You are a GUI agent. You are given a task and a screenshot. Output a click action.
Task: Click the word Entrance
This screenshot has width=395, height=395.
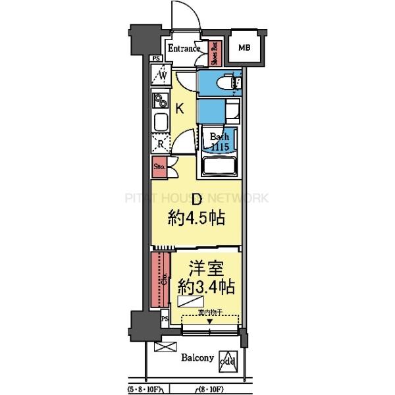[x=184, y=49]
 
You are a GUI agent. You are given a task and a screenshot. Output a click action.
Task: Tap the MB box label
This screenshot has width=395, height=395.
[x=244, y=47]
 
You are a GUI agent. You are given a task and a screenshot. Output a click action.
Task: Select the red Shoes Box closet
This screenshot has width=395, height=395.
[x=215, y=53]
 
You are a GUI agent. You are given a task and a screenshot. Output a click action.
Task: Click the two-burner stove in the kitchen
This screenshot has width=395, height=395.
[x=159, y=102]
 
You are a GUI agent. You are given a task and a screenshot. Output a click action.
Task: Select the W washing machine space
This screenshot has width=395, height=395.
[x=161, y=76]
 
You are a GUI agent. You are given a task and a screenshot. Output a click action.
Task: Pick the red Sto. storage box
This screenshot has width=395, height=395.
[x=159, y=168]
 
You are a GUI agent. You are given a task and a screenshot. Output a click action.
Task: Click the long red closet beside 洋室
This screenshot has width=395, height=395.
[x=159, y=278]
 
